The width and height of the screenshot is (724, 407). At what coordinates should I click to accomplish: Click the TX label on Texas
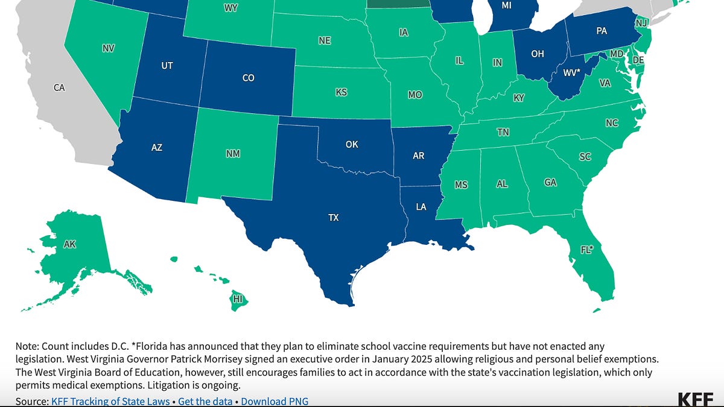(x=333, y=218)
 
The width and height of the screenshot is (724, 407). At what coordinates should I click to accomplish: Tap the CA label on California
(x=59, y=88)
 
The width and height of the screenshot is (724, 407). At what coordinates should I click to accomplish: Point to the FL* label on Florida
(x=586, y=249)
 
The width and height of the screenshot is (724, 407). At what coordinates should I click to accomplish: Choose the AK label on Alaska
(x=70, y=244)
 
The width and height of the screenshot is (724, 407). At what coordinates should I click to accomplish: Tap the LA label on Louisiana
(x=421, y=207)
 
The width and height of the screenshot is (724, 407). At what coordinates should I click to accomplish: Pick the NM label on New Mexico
(x=233, y=154)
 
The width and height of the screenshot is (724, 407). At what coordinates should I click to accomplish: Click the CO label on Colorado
(x=248, y=78)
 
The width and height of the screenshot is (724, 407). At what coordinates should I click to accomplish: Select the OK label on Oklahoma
(x=352, y=144)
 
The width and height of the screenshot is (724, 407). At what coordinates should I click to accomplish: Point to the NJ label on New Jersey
(x=641, y=23)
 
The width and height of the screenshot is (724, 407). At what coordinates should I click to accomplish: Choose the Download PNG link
(x=275, y=401)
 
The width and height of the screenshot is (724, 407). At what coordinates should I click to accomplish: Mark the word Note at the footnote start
(x=25, y=346)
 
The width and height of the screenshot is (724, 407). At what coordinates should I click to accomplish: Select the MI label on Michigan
(x=508, y=6)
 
